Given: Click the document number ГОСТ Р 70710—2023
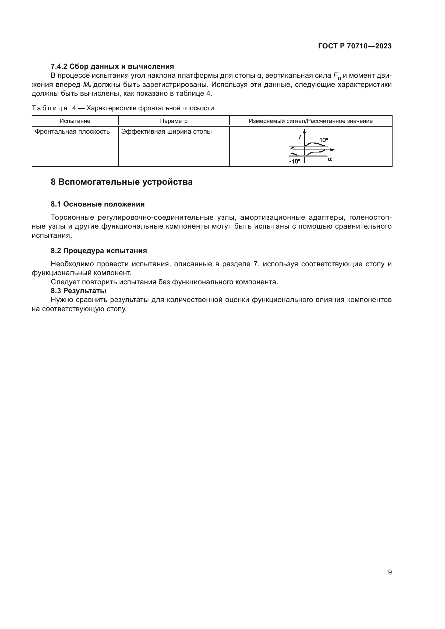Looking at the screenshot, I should point(355,46).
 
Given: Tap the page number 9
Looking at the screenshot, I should point(390,572).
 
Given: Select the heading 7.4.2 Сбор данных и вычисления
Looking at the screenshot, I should point(112,66).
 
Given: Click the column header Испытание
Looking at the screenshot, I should point(75,121).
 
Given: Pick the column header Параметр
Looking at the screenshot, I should point(174,121).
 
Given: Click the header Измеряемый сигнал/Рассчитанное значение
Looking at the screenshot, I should point(310,121).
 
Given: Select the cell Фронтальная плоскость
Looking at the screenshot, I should point(72,132).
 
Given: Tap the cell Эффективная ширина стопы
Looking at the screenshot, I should point(166,132).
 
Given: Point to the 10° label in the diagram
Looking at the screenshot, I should point(323,140).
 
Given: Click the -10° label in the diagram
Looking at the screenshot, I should point(295,161).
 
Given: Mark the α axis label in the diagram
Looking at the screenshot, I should point(330,159).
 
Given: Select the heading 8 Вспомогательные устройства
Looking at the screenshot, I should point(121,182).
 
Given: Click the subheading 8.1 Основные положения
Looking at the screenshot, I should point(98,204).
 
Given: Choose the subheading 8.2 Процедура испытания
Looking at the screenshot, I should point(99,251).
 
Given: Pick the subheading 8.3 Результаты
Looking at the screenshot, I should point(78,291).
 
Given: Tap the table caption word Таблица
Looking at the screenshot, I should point(50,108).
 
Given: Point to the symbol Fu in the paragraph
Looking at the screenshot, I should point(337,76).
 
